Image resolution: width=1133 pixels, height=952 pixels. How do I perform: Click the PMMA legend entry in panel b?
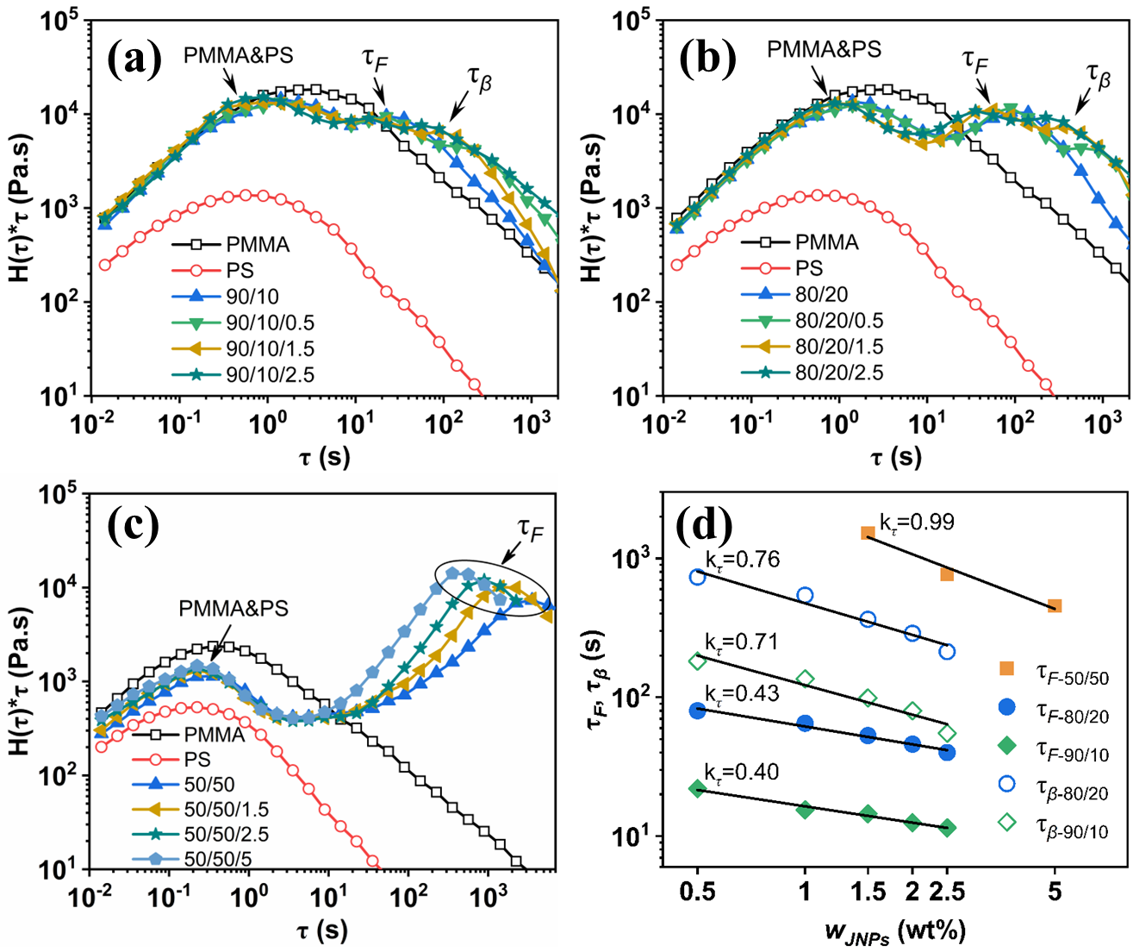point(825,242)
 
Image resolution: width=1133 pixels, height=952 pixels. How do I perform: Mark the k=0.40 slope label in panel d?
point(741,771)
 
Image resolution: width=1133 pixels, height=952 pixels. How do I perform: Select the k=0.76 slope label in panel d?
point(742,560)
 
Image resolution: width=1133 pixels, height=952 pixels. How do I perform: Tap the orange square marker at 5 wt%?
point(1054,606)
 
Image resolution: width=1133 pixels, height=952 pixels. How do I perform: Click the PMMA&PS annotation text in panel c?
point(233,608)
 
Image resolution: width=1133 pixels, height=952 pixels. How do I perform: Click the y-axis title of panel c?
point(26,681)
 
